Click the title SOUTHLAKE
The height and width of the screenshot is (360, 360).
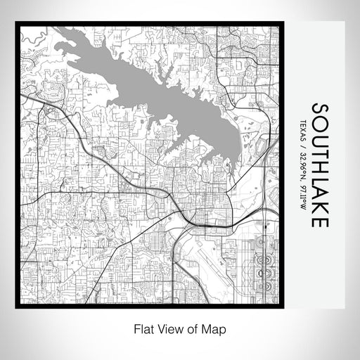point(319,165)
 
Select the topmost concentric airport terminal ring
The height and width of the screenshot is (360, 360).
point(264,243)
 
